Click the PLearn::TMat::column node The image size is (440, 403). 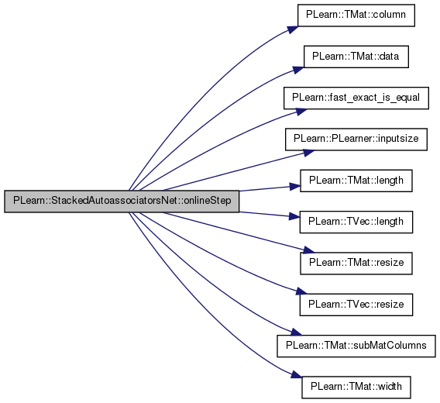tap(356, 15)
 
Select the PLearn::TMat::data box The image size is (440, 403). tap(356, 57)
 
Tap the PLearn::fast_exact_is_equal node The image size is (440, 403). tap(356, 98)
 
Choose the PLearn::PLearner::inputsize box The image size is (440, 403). tap(356, 139)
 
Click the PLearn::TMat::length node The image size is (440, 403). tap(356, 181)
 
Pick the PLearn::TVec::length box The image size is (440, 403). tap(356, 222)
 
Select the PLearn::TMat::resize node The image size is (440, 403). tap(356, 263)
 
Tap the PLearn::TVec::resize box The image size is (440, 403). tap(356, 305)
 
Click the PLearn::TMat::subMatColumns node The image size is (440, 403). tap(356, 346)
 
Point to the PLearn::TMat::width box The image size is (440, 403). tap(356, 387)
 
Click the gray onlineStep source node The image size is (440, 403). tap(122, 201)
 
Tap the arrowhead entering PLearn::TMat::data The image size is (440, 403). tap(298, 70)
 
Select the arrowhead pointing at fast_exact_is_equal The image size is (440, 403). tap(301, 111)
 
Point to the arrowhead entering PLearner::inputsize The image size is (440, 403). tap(308, 153)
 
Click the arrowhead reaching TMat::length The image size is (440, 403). tap(295, 187)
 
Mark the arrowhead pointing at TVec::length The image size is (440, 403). tap(294, 216)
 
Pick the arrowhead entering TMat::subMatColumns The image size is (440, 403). tap(296, 332)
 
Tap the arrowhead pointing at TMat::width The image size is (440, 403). tap(297, 374)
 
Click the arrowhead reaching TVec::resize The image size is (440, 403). tap(301, 291)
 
